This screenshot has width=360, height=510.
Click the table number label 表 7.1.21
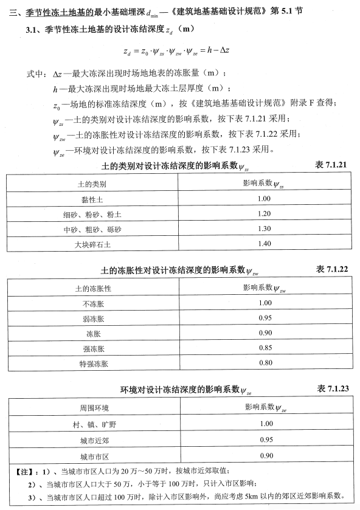[x=331, y=166]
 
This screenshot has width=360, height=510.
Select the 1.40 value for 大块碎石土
[x=264, y=244]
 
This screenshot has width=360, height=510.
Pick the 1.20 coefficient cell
[x=264, y=214]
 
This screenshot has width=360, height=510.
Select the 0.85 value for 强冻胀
[x=264, y=348]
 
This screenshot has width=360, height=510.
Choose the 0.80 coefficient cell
[x=264, y=364]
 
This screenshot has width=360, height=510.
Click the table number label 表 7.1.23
[x=332, y=388]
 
